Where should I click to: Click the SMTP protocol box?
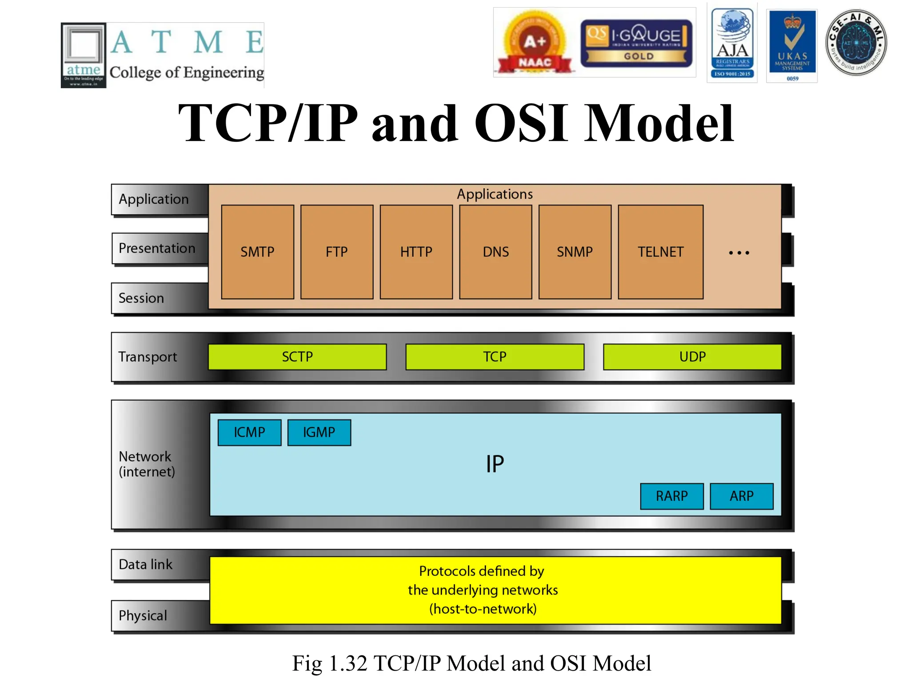coord(257,252)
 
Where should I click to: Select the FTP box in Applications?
coord(336,252)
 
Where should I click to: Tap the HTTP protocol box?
coord(416,252)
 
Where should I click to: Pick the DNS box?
coord(495,252)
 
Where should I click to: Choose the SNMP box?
coord(575,252)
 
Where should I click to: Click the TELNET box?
coord(660,252)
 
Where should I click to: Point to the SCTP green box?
coord(297,357)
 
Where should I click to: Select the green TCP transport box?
coord(495,357)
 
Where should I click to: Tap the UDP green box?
coord(692,357)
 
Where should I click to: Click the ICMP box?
coord(249,432)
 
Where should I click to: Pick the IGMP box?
coord(319,432)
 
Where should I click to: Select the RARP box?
coord(671,496)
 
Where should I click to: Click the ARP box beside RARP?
coord(741,496)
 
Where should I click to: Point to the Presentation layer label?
coord(157,248)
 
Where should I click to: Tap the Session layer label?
coord(141,298)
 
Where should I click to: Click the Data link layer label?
coord(145,564)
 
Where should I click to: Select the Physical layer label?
coord(143,615)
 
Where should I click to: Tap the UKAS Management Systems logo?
coord(792,45)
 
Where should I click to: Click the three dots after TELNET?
coord(739,253)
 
